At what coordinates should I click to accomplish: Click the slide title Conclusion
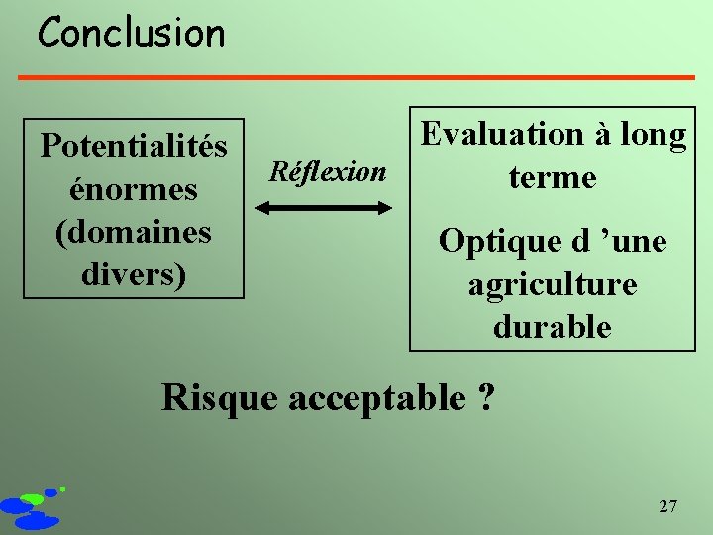click(132, 34)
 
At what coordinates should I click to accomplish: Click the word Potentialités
click(134, 147)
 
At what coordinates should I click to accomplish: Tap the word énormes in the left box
click(133, 188)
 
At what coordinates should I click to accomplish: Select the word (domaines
click(134, 232)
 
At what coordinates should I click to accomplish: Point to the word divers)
click(134, 273)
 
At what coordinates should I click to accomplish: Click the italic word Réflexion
click(328, 171)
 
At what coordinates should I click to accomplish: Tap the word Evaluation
click(502, 135)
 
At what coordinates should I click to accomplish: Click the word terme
click(553, 178)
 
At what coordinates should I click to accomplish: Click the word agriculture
click(553, 284)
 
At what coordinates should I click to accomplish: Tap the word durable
click(553, 327)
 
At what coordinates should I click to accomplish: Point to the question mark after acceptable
click(486, 397)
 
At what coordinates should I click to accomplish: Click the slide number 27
click(668, 507)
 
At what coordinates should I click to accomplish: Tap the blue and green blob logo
click(33, 507)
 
